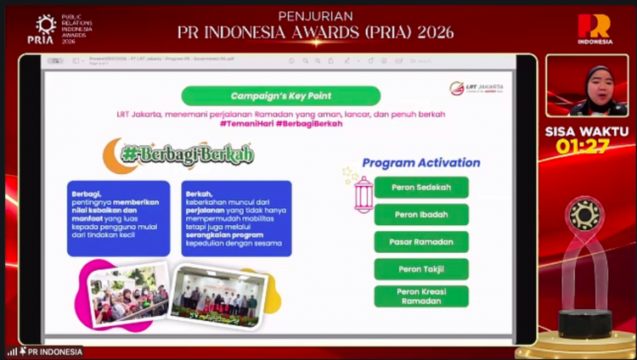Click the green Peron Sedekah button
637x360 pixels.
tap(421, 187)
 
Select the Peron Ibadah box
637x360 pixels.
tap(421, 214)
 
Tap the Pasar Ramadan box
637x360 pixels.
tap(421, 242)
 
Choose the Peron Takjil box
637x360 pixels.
tap(421, 269)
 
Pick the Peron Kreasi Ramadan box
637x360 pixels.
tap(421, 296)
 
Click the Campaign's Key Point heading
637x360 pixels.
tap(280, 96)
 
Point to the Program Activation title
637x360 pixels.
tap(420, 162)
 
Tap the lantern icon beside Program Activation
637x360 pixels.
tap(363, 194)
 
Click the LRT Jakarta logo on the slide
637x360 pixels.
tap(476, 88)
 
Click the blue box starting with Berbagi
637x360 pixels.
tap(118, 218)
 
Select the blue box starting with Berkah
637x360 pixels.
tap(236, 218)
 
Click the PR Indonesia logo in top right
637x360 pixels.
tap(595, 29)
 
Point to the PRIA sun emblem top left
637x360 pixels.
tap(41, 25)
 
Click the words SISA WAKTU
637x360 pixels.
tap(587, 131)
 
